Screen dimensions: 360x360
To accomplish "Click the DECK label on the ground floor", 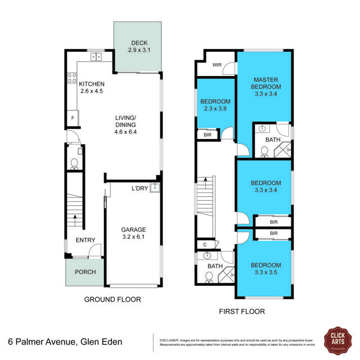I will [x=139, y=43].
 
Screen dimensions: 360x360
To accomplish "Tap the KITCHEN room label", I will [x=92, y=84].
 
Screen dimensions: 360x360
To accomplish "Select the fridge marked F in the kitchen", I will [x=73, y=118].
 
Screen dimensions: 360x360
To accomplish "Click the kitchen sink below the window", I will [x=97, y=56].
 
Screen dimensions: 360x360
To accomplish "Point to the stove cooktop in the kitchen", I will [x=73, y=79].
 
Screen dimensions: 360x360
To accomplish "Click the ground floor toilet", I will [x=74, y=163].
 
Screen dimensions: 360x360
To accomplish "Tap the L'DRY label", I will [x=139, y=188].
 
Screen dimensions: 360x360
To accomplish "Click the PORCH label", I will [x=85, y=272].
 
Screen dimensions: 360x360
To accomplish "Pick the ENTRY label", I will [x=85, y=240].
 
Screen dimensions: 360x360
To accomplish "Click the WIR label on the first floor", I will [x=217, y=65].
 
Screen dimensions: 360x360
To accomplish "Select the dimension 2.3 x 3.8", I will [x=215, y=109].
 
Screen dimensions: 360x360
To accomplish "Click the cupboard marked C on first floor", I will [x=204, y=245].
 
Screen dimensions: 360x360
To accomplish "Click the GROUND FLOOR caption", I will [x=112, y=299].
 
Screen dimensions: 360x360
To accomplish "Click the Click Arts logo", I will [x=337, y=339].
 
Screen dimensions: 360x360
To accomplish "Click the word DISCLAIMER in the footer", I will [x=169, y=340].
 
